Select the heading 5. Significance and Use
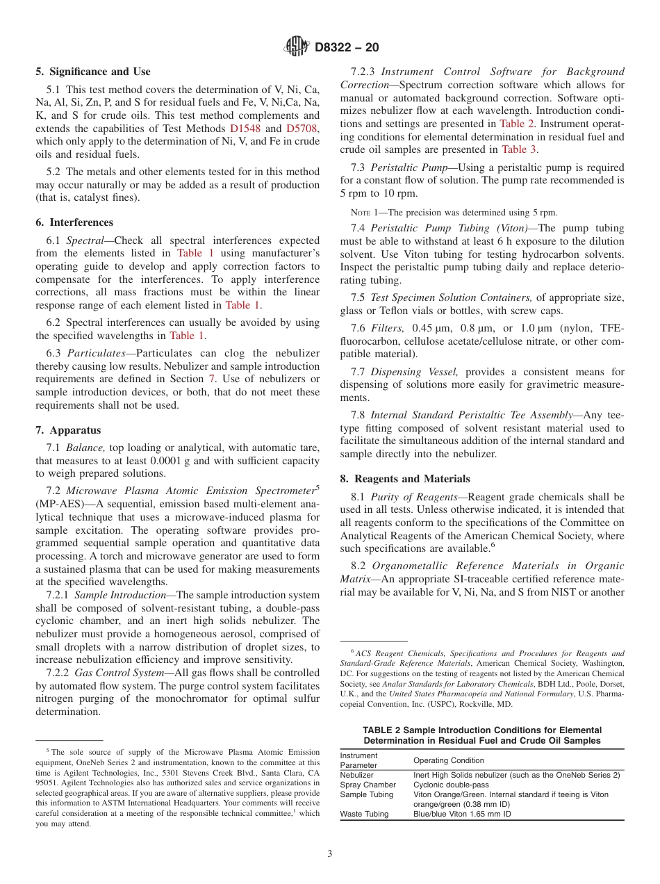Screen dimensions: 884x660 pyautogui.click(x=92, y=72)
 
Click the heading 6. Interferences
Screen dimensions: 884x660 pyautogui.click(x=74, y=222)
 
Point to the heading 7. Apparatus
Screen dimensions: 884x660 pyautogui.click(x=68, y=430)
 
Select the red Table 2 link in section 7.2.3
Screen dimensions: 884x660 pyautogui.click(x=517, y=124)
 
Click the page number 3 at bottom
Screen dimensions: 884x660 pyautogui.click(x=330, y=854)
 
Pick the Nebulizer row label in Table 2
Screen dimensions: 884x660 pyautogui.click(x=356, y=775)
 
